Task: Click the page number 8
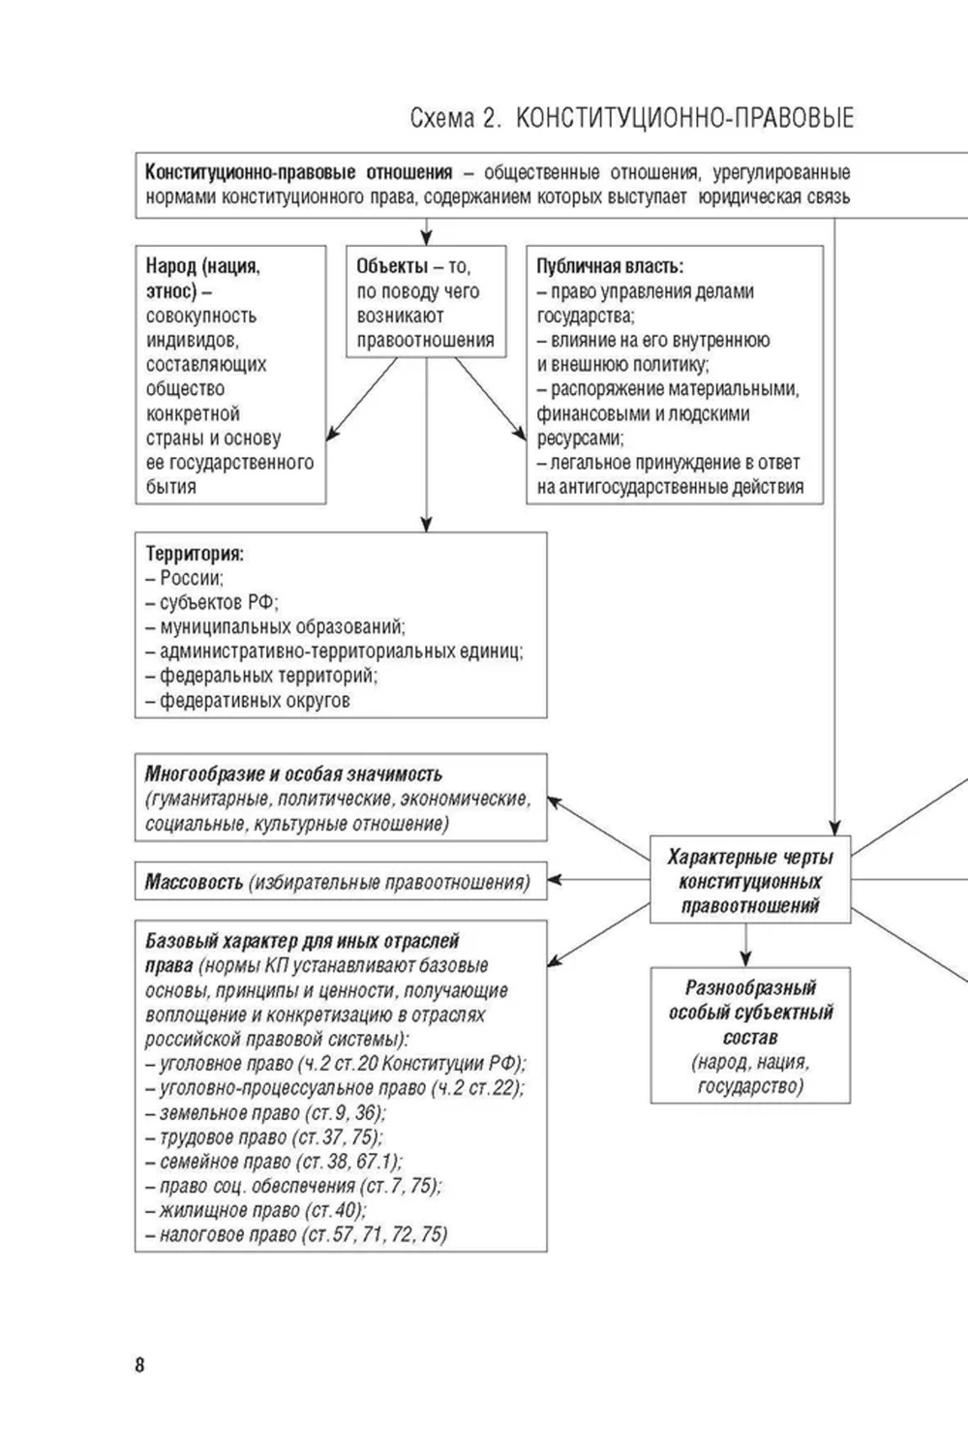click(140, 1365)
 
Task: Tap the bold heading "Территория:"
click(195, 555)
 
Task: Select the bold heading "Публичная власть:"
click(610, 266)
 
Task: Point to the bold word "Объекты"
click(392, 266)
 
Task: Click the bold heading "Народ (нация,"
click(203, 266)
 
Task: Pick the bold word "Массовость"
click(194, 882)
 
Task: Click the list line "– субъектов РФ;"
click(212, 602)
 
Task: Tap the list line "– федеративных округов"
click(248, 700)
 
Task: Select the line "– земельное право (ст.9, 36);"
click(266, 1112)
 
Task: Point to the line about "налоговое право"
click(296, 1234)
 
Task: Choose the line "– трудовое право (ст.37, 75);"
click(264, 1136)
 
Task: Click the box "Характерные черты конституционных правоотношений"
click(750, 881)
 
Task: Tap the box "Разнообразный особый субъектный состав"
click(750, 1036)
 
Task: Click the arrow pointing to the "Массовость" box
click(598, 881)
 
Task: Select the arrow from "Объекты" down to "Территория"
click(426, 445)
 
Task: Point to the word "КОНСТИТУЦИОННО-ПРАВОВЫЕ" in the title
click(684, 119)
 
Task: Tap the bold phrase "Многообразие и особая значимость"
click(293, 774)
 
